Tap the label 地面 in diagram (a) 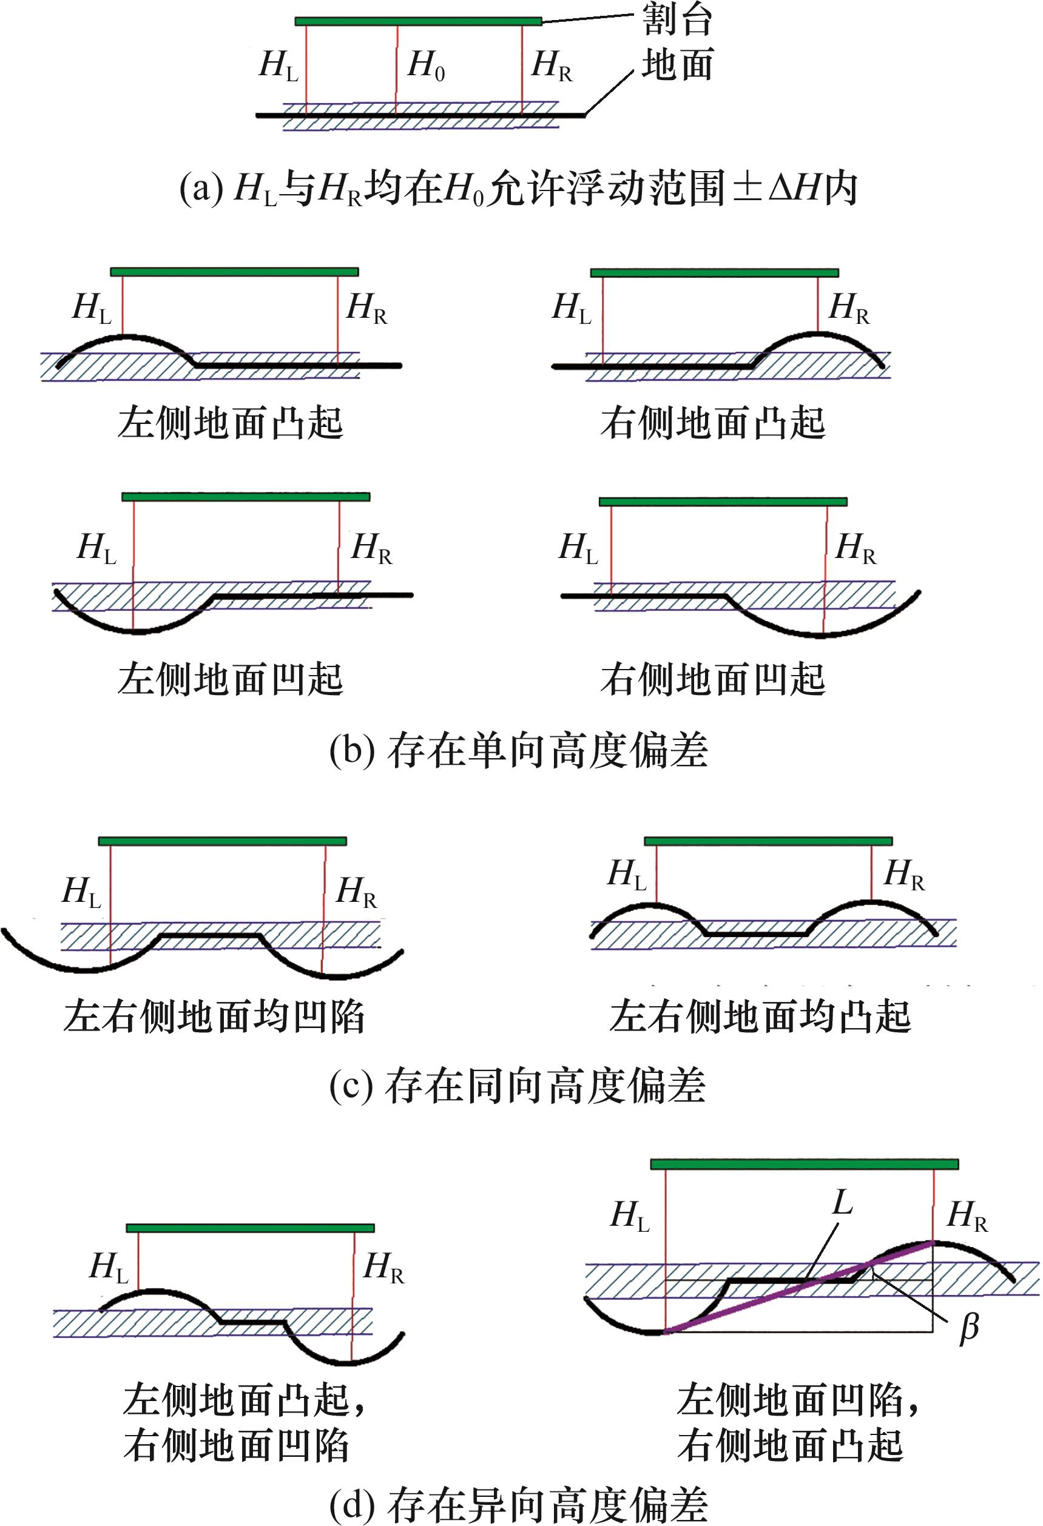[x=677, y=66]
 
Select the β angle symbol [x=969, y=1328]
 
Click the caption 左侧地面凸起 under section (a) [x=230, y=423]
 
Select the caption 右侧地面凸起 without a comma [x=713, y=423]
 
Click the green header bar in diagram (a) [x=419, y=22]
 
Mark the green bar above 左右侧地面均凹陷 [x=222, y=841]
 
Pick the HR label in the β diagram [x=967, y=1217]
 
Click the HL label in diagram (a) [x=278, y=66]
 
